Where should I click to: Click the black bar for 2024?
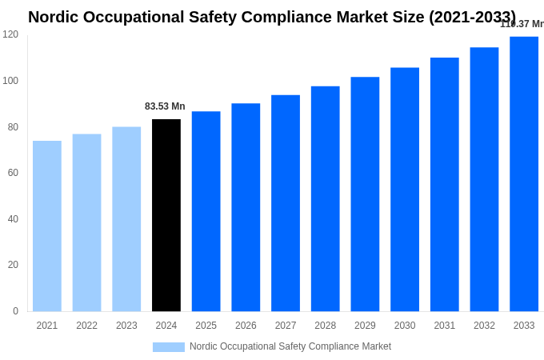coord(166,215)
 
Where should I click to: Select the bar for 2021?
coord(47,226)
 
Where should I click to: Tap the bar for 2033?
coord(524,174)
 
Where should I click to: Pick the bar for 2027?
coord(286,203)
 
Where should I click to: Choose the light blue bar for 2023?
coord(126,219)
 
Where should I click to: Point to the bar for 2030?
coord(405,190)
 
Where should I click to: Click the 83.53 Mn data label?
coord(165,106)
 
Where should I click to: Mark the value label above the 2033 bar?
coord(522,24)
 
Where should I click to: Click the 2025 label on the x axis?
coord(206,326)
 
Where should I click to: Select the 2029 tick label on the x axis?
coord(365,326)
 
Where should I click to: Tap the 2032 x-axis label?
coord(484,326)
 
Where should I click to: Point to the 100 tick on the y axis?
coord(10,81)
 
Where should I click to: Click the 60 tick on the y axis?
coord(13,173)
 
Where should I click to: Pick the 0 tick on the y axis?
coord(15,311)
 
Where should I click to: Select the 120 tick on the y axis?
coord(10,34)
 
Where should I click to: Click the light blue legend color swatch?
coord(168,347)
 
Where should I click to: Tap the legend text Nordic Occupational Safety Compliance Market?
coord(290,346)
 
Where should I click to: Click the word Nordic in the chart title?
coord(54,17)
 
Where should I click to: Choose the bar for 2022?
coord(87,222)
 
